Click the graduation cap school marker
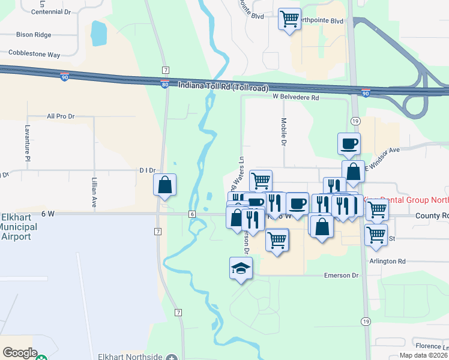pyautogui.click(x=241, y=268)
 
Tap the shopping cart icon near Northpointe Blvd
pyautogui.click(x=290, y=19)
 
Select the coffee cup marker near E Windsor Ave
pyautogui.click(x=349, y=143)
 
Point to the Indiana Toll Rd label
pyautogui.click(x=223, y=86)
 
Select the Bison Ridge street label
pyautogui.click(x=34, y=35)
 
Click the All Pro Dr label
pyautogui.click(x=61, y=116)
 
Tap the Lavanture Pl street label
pyautogui.click(x=27, y=143)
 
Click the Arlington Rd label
pyautogui.click(x=389, y=261)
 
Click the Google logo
pyautogui.click(x=20, y=353)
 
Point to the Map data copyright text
pyautogui.click(x=423, y=355)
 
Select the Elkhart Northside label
pyautogui.click(x=135, y=357)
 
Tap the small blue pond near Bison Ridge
pyautogui.click(x=97, y=34)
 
